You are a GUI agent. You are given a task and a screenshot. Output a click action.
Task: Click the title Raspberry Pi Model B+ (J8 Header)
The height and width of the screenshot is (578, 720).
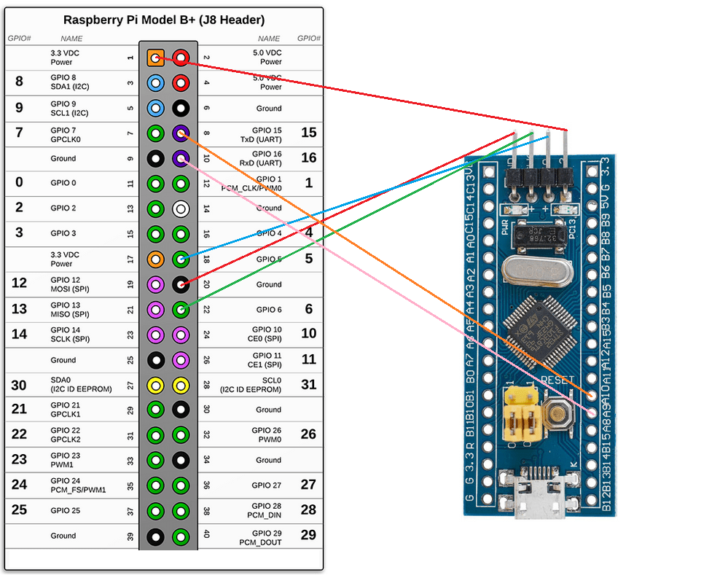pos(164,20)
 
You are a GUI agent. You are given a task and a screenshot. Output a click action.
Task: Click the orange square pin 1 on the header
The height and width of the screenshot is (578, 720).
pos(155,58)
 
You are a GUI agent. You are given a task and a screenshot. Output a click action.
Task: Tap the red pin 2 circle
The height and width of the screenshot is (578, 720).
pos(181,58)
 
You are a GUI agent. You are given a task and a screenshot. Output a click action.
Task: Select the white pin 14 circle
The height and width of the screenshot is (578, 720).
pos(181,208)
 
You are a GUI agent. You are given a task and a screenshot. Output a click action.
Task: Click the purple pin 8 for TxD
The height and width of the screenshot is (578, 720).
pos(181,133)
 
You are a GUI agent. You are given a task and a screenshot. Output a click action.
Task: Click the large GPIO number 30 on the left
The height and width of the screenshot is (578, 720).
pos(19,385)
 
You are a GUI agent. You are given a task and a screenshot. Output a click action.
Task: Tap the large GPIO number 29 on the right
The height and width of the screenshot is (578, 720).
pos(308,535)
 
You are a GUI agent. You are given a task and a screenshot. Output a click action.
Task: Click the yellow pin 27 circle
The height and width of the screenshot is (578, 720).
pos(155,385)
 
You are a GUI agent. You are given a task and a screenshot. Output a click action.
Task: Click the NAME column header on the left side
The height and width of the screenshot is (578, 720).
pos(71,39)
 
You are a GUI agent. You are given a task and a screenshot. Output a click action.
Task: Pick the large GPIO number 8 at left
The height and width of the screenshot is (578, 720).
pos(19,82)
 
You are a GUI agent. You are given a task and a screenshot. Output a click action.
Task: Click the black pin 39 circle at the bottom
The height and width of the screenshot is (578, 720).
pos(155,536)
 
